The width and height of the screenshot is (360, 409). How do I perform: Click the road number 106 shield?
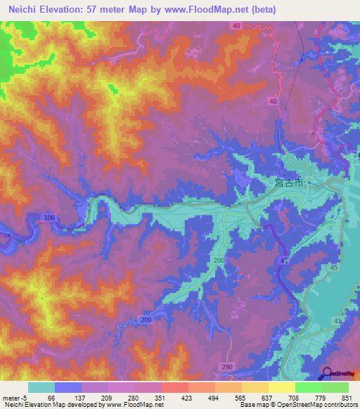49,219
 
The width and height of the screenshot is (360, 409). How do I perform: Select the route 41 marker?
337,321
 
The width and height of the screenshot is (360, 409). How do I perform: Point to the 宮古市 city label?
288,183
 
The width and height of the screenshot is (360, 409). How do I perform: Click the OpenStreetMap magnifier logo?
328,372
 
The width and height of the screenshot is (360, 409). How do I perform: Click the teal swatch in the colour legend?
41,388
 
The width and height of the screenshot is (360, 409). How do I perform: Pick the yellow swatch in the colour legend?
281,388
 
